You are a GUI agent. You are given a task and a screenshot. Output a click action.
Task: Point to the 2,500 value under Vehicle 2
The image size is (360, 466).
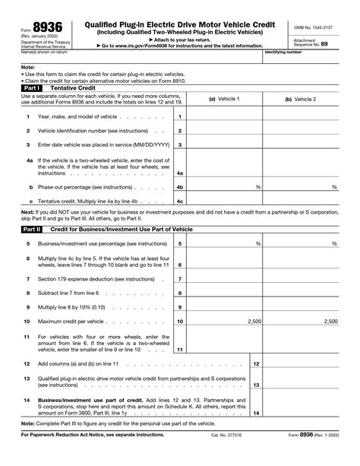330,322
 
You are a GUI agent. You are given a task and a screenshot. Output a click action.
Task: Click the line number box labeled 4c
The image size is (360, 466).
180,201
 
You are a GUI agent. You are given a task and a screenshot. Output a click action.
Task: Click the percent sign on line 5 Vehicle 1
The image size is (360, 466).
258,243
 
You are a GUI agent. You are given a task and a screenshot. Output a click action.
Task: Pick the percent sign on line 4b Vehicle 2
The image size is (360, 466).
335,186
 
